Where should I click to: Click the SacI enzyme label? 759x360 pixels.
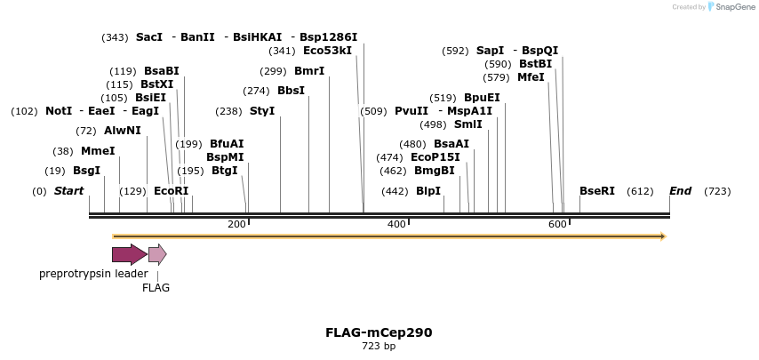click(149, 37)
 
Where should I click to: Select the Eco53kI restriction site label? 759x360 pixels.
click(327, 51)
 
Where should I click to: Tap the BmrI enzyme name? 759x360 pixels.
click(309, 71)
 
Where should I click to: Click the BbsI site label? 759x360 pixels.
click(291, 91)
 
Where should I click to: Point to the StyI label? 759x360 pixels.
click(262, 111)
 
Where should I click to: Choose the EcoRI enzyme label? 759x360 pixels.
click(172, 191)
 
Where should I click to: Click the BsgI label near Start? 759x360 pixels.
click(86, 171)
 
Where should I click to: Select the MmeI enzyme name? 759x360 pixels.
click(98, 151)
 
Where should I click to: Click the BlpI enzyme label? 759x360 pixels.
click(428, 191)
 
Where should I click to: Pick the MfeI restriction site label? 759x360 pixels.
click(531, 77)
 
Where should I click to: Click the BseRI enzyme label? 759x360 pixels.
click(597, 191)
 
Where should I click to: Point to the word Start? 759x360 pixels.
click(68, 191)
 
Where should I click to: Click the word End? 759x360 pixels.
click(680, 191)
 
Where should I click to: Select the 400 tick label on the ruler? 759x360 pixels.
click(397, 224)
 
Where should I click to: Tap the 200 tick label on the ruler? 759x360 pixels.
click(236, 224)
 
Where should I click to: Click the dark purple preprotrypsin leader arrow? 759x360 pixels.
click(129, 255)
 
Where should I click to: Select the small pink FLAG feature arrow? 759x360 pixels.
click(156, 255)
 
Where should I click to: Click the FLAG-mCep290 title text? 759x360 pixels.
click(379, 332)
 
